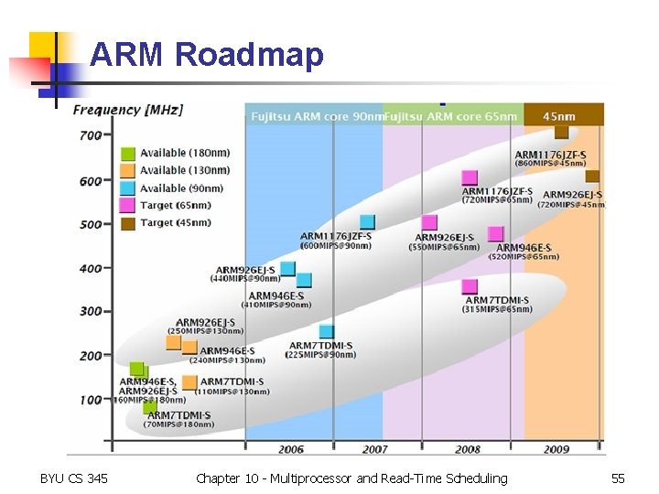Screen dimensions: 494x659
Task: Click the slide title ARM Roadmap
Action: point(207,55)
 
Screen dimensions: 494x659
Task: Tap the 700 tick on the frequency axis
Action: point(91,136)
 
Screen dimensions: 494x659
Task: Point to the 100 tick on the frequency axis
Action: point(91,400)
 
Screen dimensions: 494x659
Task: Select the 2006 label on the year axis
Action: point(290,449)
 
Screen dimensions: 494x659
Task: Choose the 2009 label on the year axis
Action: point(556,449)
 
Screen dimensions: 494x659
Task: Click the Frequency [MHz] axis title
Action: point(128,110)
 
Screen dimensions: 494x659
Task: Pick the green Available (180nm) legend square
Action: point(128,154)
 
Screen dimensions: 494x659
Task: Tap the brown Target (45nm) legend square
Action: point(128,223)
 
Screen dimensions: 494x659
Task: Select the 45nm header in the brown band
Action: point(559,116)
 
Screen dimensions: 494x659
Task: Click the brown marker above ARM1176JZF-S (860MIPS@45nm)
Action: point(561,132)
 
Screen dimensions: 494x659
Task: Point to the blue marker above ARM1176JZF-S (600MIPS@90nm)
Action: point(367,221)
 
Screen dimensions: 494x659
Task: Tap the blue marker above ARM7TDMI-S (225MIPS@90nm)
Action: point(327,331)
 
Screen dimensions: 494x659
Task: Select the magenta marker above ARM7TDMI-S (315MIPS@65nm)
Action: point(470,286)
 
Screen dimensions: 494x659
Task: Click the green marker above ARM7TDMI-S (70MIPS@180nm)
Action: point(149,405)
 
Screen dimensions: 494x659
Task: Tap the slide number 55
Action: point(618,478)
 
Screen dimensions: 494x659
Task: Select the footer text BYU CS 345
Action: point(74,478)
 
